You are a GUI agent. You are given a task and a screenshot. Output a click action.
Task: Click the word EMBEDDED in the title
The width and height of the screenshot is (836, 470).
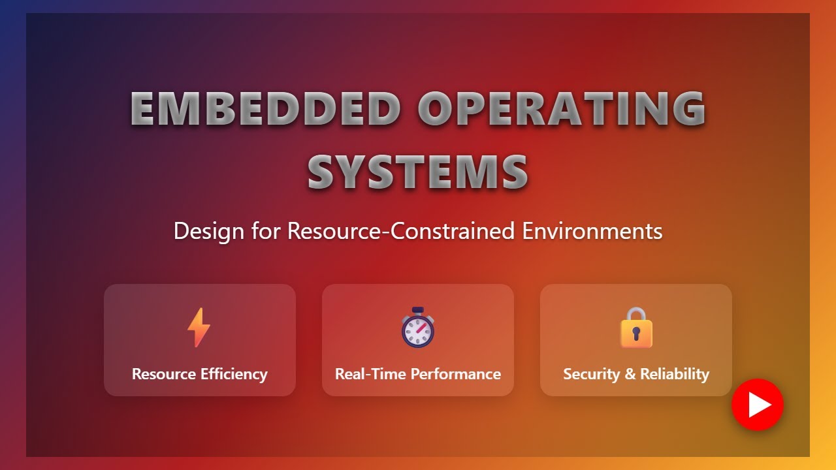click(265, 108)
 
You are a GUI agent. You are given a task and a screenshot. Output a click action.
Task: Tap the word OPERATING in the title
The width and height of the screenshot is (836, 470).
click(562, 108)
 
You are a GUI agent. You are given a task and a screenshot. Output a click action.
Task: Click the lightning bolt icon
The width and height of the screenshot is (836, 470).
click(199, 327)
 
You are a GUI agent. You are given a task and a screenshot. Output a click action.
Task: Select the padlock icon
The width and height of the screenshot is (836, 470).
click(636, 328)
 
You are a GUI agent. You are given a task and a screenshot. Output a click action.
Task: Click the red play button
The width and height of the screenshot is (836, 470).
click(758, 405)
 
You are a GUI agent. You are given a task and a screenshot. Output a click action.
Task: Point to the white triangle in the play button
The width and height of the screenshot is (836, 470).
click(759, 405)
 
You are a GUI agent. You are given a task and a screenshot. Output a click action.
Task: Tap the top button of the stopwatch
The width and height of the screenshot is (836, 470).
click(418, 310)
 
